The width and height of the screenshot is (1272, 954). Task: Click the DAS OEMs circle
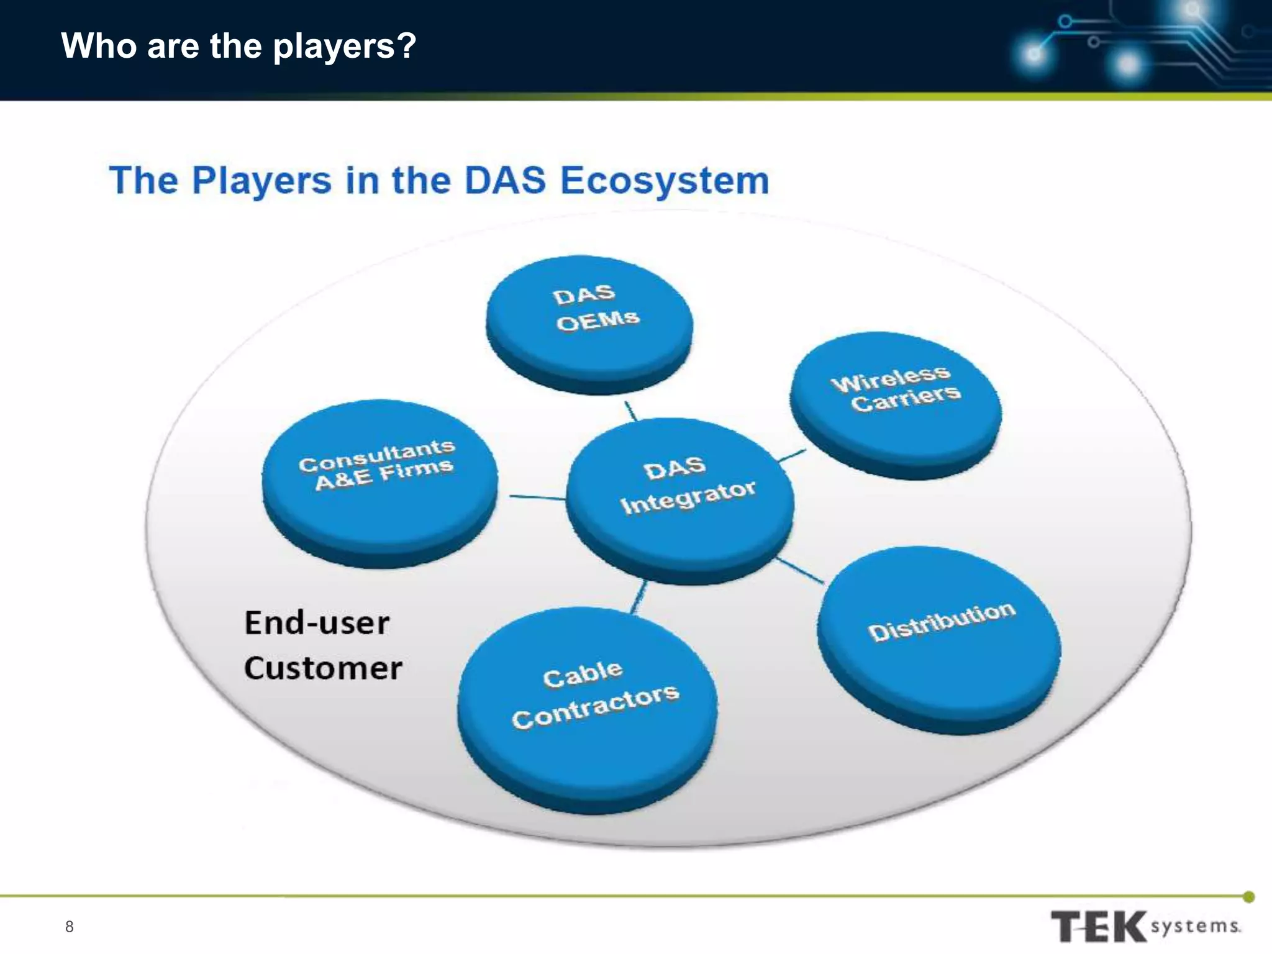point(589,320)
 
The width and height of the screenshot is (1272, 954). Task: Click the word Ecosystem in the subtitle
point(665,181)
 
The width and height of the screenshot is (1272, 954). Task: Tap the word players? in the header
point(345,46)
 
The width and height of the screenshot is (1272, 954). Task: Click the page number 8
point(69,927)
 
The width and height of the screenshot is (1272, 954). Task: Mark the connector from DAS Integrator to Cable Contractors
point(639,597)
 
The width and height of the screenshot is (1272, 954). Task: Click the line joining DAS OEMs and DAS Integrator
point(630,411)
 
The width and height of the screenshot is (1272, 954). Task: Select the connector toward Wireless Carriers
point(792,456)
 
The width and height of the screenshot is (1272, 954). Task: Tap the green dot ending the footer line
point(1249,896)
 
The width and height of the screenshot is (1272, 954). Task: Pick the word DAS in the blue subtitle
point(505,181)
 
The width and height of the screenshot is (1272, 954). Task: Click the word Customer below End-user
point(323,668)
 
